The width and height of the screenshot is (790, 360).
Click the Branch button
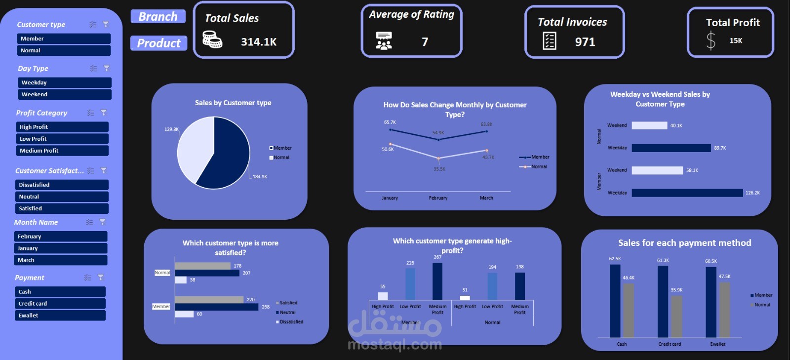pyautogui.click(x=158, y=17)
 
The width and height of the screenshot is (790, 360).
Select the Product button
pyautogui.click(x=158, y=43)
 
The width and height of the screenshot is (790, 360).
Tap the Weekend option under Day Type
pyautogui.click(x=64, y=94)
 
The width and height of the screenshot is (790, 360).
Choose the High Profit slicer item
pyautogui.click(x=62, y=127)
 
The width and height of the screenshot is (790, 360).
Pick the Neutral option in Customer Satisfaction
pyautogui.click(x=62, y=197)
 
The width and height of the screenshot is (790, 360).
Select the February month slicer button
pyautogui.click(x=60, y=237)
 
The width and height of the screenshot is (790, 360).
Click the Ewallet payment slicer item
pyautogui.click(x=60, y=316)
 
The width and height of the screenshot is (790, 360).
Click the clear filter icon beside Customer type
pyautogui.click(x=106, y=24)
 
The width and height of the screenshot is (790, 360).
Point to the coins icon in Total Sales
pyautogui.click(x=212, y=40)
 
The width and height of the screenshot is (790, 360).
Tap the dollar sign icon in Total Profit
pyautogui.click(x=711, y=40)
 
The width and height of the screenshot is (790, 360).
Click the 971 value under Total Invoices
pyautogui.click(x=585, y=42)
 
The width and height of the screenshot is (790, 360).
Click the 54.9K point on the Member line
pyautogui.click(x=438, y=140)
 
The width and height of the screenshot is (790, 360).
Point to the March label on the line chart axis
pyautogui.click(x=486, y=198)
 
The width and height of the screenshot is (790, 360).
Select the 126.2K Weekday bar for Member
pyautogui.click(x=687, y=193)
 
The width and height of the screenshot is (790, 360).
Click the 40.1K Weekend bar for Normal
pyautogui.click(x=649, y=125)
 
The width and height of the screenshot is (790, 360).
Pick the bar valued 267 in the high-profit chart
pyautogui.click(x=437, y=281)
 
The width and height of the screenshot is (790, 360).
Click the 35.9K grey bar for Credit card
pyautogui.click(x=676, y=316)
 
